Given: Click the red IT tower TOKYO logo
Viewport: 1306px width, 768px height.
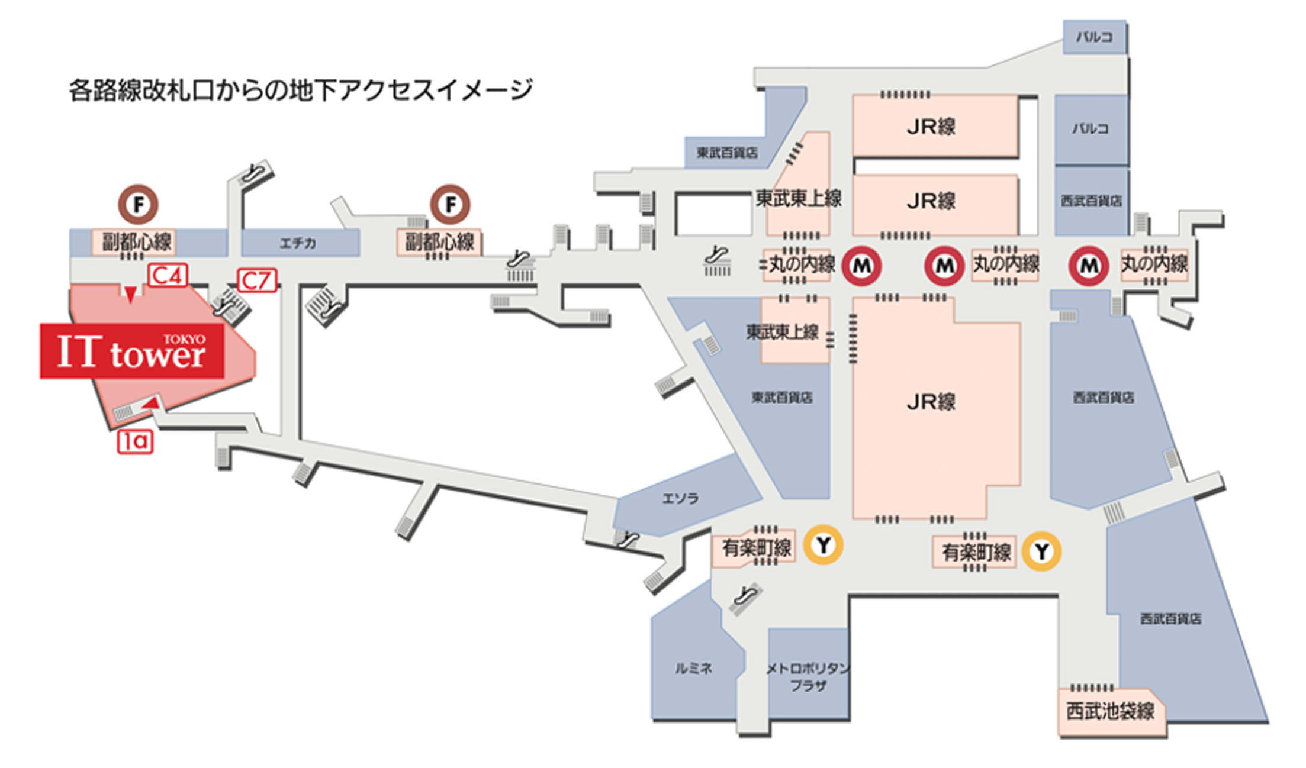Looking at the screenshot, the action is (131, 351).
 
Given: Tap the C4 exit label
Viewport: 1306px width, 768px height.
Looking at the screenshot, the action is (168, 276).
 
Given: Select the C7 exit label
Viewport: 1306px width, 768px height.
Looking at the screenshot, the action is (257, 280).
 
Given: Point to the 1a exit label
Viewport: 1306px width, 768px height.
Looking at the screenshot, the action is (135, 441).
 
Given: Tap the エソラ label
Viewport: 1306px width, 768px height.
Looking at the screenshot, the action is (680, 498).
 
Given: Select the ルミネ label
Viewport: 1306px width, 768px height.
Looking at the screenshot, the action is (694, 669).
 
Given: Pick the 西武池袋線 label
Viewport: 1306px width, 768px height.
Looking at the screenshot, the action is (1110, 711).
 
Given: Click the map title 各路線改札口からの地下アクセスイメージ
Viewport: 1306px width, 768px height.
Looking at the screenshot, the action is (301, 91).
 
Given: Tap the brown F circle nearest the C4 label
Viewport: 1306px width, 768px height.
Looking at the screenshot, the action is (139, 205).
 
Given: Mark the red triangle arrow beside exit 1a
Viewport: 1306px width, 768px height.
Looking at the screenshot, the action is (152, 403).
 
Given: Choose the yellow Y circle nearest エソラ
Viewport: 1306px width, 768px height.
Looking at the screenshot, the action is (823, 546).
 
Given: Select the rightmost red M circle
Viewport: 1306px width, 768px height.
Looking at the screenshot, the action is (1089, 266).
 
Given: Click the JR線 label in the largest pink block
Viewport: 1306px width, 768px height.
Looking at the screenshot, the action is (931, 402).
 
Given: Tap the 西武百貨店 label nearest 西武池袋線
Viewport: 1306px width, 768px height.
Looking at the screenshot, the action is (1170, 619).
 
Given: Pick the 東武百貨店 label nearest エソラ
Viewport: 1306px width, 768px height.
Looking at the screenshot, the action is (781, 398).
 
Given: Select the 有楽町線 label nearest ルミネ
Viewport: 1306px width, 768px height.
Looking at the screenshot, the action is (756, 548).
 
